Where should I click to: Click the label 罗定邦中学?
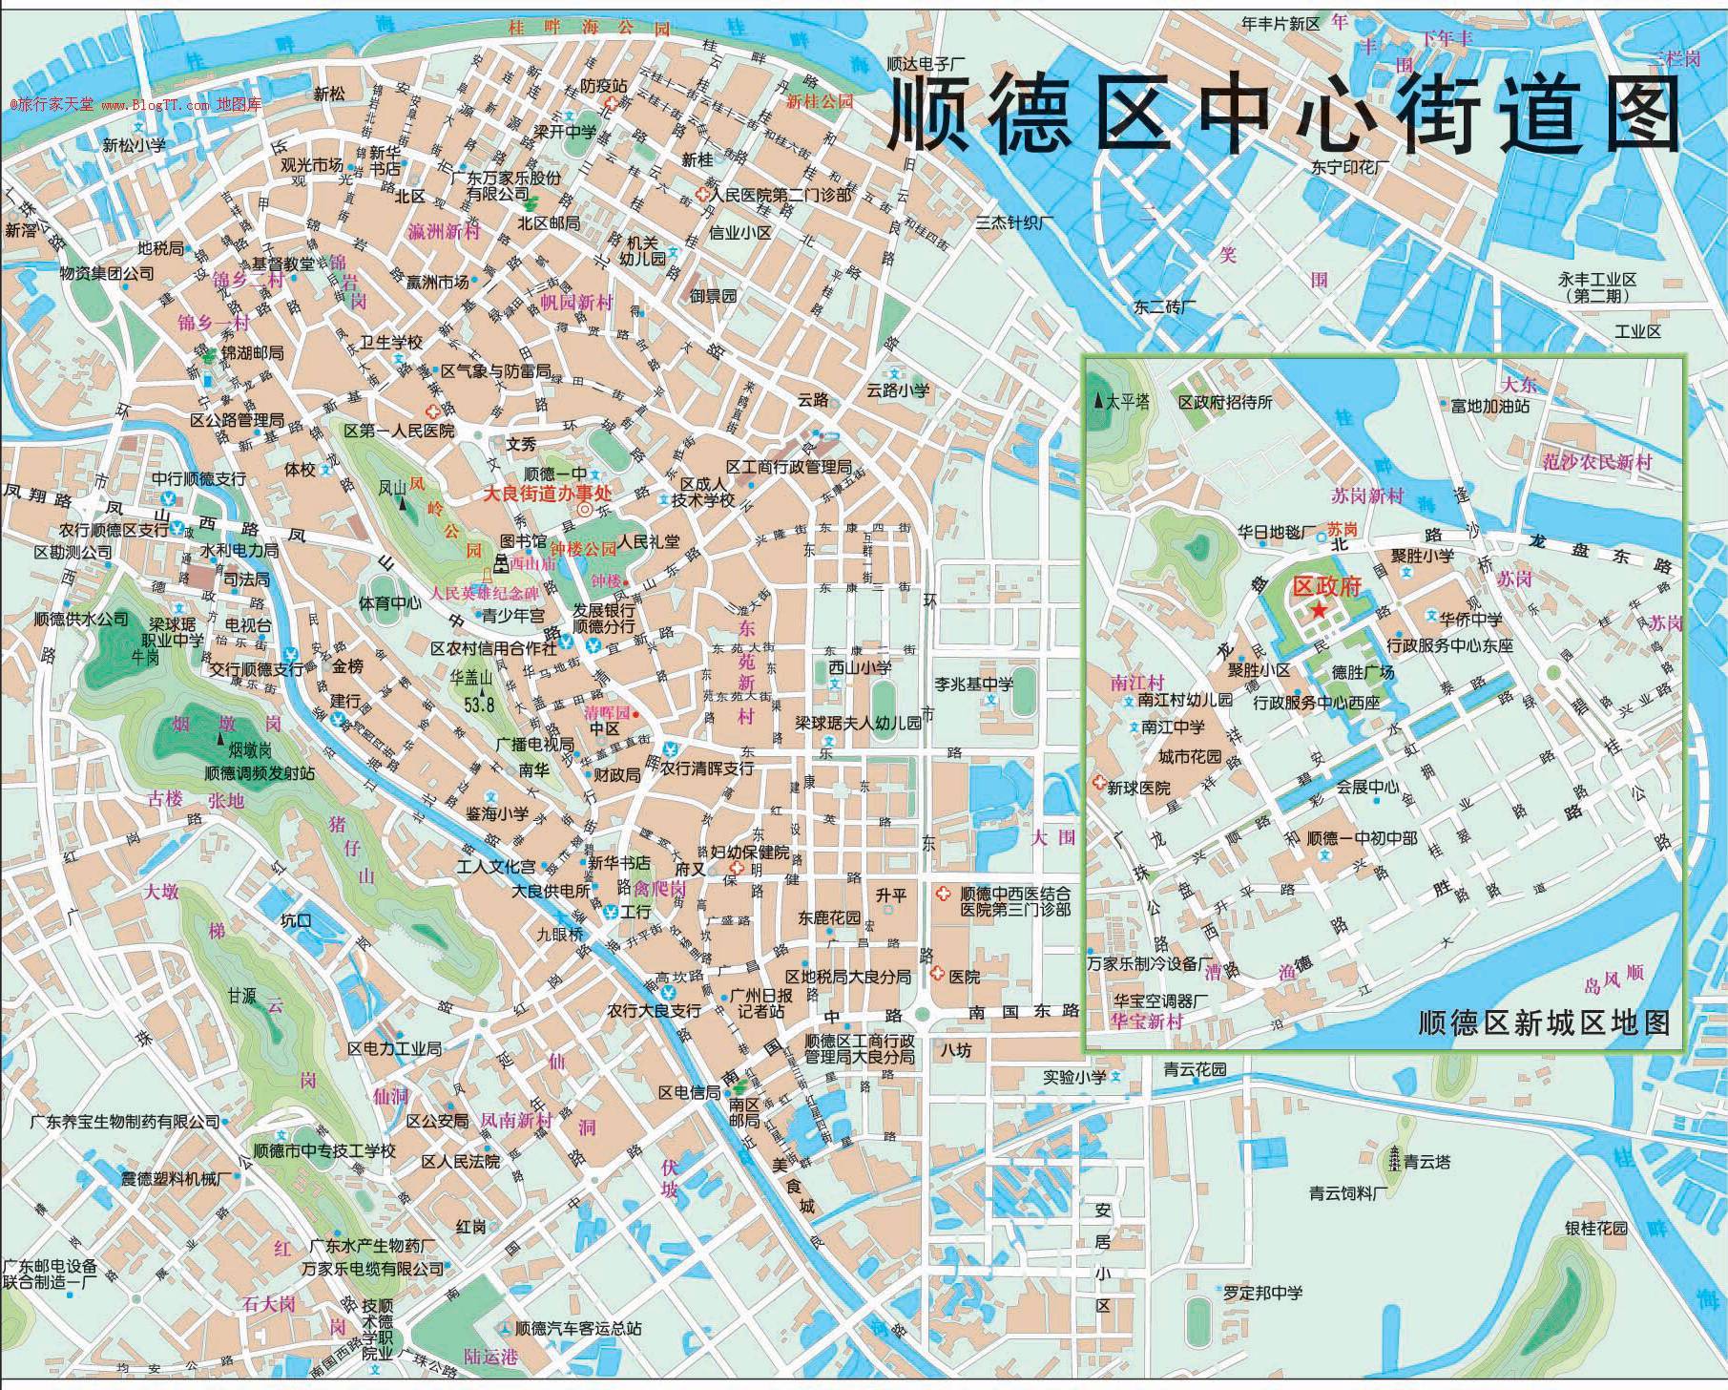(1264, 1293)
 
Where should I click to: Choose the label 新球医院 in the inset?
(1137, 788)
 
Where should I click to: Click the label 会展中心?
(1365, 788)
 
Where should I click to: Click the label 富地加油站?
(1489, 406)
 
